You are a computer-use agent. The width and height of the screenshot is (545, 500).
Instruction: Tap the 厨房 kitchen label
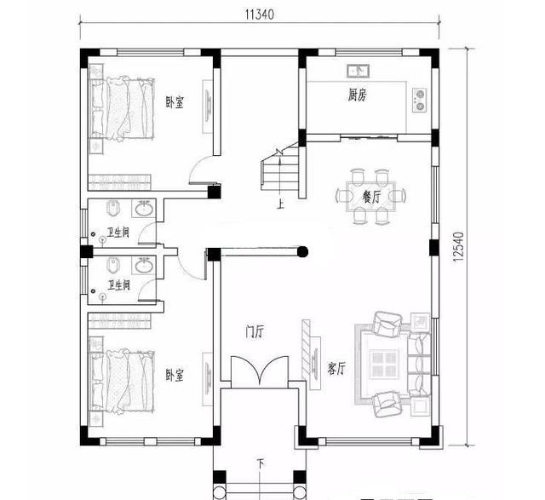358,95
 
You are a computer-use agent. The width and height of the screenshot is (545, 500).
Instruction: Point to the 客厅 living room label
336,368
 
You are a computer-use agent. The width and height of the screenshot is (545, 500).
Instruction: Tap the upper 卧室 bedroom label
175,103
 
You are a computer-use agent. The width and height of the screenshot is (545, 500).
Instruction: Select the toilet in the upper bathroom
114,210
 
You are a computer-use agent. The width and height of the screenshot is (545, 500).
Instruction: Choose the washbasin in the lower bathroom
146,266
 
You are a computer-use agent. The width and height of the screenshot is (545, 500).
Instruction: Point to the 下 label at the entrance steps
260,463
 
